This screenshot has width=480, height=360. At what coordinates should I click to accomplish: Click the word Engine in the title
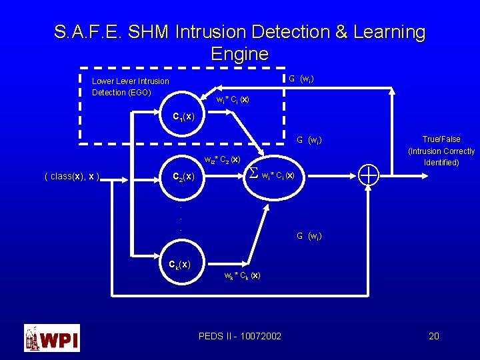239,54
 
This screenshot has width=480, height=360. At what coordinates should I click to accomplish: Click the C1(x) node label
183,117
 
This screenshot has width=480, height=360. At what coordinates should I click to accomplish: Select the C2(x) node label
183,177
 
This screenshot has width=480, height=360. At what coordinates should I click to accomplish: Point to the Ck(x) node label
179,264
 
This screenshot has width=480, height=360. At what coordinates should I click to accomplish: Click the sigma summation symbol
253,174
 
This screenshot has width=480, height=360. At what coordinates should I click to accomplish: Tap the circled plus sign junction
369,175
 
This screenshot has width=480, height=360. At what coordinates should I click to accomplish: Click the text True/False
441,139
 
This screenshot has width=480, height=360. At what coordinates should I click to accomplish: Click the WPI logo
52,338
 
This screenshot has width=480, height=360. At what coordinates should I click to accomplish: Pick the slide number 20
433,336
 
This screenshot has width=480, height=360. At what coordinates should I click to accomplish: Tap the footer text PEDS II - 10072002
239,336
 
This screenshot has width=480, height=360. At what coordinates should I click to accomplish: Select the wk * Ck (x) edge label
242,275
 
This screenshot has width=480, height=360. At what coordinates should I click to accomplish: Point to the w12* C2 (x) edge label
222,160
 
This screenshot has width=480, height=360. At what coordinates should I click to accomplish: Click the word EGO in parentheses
140,92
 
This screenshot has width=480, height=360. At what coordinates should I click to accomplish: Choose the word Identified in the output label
441,163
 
